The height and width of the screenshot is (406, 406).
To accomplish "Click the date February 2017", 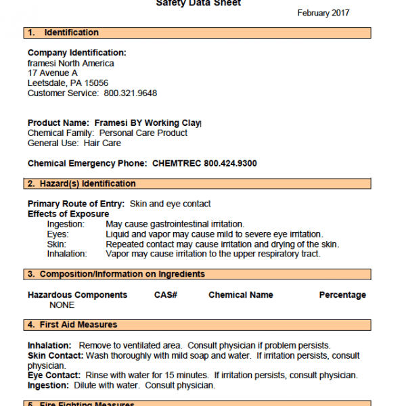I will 323,13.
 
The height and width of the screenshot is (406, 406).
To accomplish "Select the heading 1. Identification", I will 64,32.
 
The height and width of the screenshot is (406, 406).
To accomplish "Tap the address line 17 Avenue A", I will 53,73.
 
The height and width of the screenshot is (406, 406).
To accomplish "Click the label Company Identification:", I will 76,53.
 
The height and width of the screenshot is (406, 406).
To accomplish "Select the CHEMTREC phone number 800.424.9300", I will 230,164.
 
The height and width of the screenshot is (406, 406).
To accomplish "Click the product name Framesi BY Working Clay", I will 145,123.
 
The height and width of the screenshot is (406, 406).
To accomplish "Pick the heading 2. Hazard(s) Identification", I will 82,183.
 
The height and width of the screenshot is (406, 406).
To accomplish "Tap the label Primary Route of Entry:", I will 76,204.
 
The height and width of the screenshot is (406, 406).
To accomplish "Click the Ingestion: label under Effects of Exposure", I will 66,224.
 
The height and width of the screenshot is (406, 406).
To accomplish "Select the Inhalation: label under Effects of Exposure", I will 67,254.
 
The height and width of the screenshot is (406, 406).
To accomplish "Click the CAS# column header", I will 166,295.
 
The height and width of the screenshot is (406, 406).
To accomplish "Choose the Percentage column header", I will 342,295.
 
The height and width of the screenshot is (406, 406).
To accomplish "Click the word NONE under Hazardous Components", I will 62,305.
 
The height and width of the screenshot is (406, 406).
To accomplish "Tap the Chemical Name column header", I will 241,295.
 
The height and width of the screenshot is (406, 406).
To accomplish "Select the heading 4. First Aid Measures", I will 73,325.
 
